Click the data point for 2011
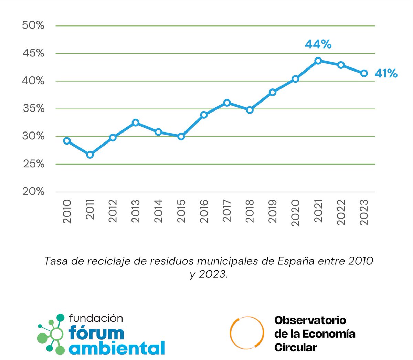(x=90, y=155)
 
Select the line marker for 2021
(x=318, y=61)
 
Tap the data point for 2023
(x=364, y=73)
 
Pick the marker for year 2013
(x=136, y=123)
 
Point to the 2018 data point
(x=250, y=110)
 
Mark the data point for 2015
(x=181, y=137)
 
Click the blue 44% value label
(x=318, y=44)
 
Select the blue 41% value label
(x=386, y=73)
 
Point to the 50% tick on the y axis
(x=33, y=25)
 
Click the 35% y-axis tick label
(x=33, y=109)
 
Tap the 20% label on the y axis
(x=33, y=192)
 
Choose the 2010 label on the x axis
(x=67, y=211)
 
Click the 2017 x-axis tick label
(x=227, y=211)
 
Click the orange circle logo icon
(x=247, y=332)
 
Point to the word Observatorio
(x=310, y=320)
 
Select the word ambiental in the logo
(x=117, y=348)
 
